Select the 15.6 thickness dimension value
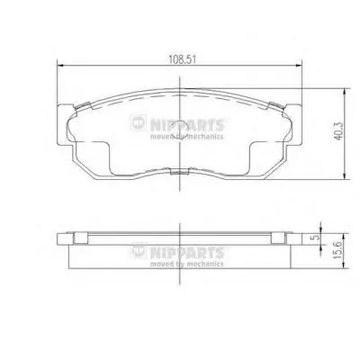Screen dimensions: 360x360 click(x=338, y=251)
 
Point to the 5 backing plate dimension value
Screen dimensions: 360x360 click(x=315, y=238)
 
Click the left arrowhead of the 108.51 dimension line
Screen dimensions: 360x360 click(x=60, y=65)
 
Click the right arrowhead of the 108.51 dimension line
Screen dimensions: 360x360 click(x=298, y=65)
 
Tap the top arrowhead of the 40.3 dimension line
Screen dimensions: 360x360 click(x=346, y=92)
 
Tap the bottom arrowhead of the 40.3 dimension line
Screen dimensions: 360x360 click(x=346, y=176)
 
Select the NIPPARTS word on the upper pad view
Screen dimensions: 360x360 click(x=187, y=125)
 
